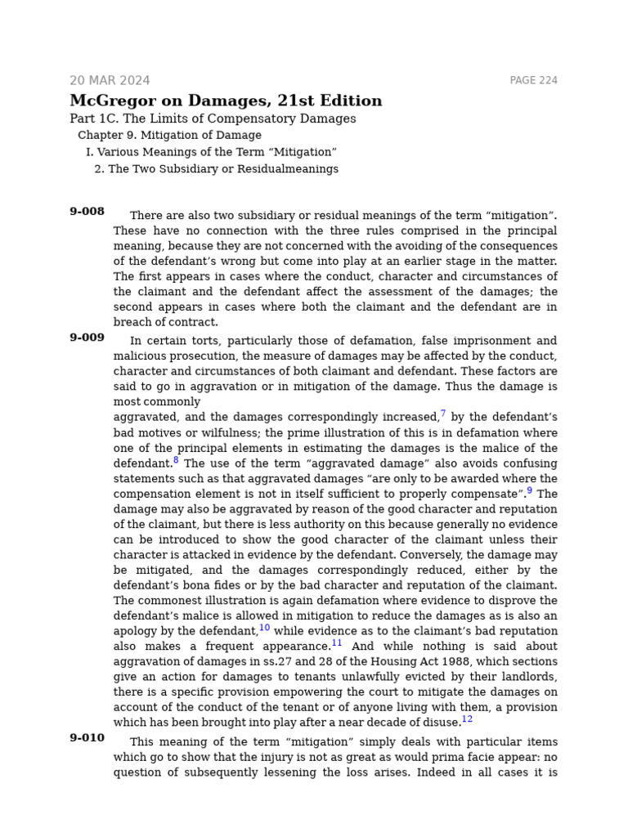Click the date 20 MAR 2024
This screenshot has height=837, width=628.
point(110,81)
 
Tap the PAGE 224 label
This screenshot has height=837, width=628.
point(533,81)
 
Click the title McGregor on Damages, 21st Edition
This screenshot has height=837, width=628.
point(226,101)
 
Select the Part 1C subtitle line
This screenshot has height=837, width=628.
point(213,119)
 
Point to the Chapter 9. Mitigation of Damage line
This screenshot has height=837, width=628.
point(169,136)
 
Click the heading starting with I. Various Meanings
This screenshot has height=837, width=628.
point(211,152)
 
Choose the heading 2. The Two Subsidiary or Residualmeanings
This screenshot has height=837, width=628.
point(216,169)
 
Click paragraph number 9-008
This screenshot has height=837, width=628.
point(87,212)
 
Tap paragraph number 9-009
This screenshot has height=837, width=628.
point(87,338)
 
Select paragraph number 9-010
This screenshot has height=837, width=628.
point(87,738)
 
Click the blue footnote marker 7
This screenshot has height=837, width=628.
point(443,414)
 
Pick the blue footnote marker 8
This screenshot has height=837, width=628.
point(176,460)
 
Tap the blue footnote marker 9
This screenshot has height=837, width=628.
point(529,491)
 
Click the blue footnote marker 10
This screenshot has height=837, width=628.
point(264,628)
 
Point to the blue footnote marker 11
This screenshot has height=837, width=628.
point(337,643)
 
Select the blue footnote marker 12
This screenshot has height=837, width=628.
point(467,719)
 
